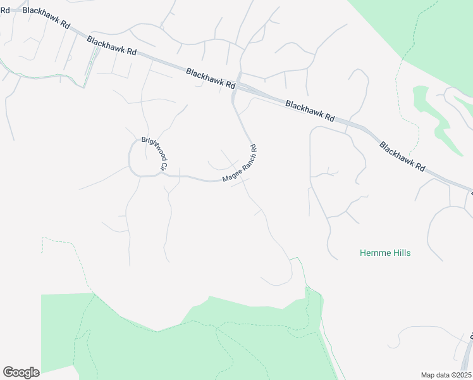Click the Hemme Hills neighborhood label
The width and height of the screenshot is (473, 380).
tap(385, 253)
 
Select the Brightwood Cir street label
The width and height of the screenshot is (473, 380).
tap(154, 153)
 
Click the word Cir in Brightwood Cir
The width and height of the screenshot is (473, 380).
tap(163, 167)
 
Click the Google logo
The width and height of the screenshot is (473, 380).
tap(21, 372)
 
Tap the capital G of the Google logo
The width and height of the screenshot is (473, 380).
tap(8, 372)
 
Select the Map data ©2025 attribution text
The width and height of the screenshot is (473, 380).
tap(446, 375)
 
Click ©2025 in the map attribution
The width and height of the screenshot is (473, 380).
tap(459, 375)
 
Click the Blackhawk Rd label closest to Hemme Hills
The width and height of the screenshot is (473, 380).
tap(403, 156)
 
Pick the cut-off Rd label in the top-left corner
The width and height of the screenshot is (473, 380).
tap(5, 9)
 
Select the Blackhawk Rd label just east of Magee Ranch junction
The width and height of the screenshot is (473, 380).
tap(310, 110)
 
